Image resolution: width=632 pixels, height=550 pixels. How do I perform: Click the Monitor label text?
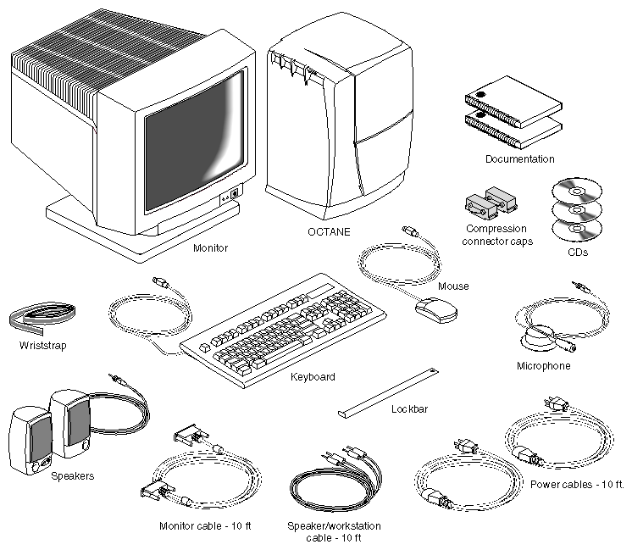(211, 248)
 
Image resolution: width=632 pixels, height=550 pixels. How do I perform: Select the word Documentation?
(520, 158)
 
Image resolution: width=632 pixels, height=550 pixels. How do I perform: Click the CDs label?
(578, 252)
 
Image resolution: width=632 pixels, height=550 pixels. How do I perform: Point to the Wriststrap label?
(42, 346)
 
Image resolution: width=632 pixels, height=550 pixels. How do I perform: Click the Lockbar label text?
(409, 409)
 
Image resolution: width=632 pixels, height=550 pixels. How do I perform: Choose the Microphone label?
(544, 366)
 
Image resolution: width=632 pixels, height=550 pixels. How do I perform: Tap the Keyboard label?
(313, 376)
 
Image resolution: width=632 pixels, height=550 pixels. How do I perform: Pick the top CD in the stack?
(577, 192)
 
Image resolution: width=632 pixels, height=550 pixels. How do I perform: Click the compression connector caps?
(491, 204)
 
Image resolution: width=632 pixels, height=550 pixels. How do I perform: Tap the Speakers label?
(73, 475)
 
